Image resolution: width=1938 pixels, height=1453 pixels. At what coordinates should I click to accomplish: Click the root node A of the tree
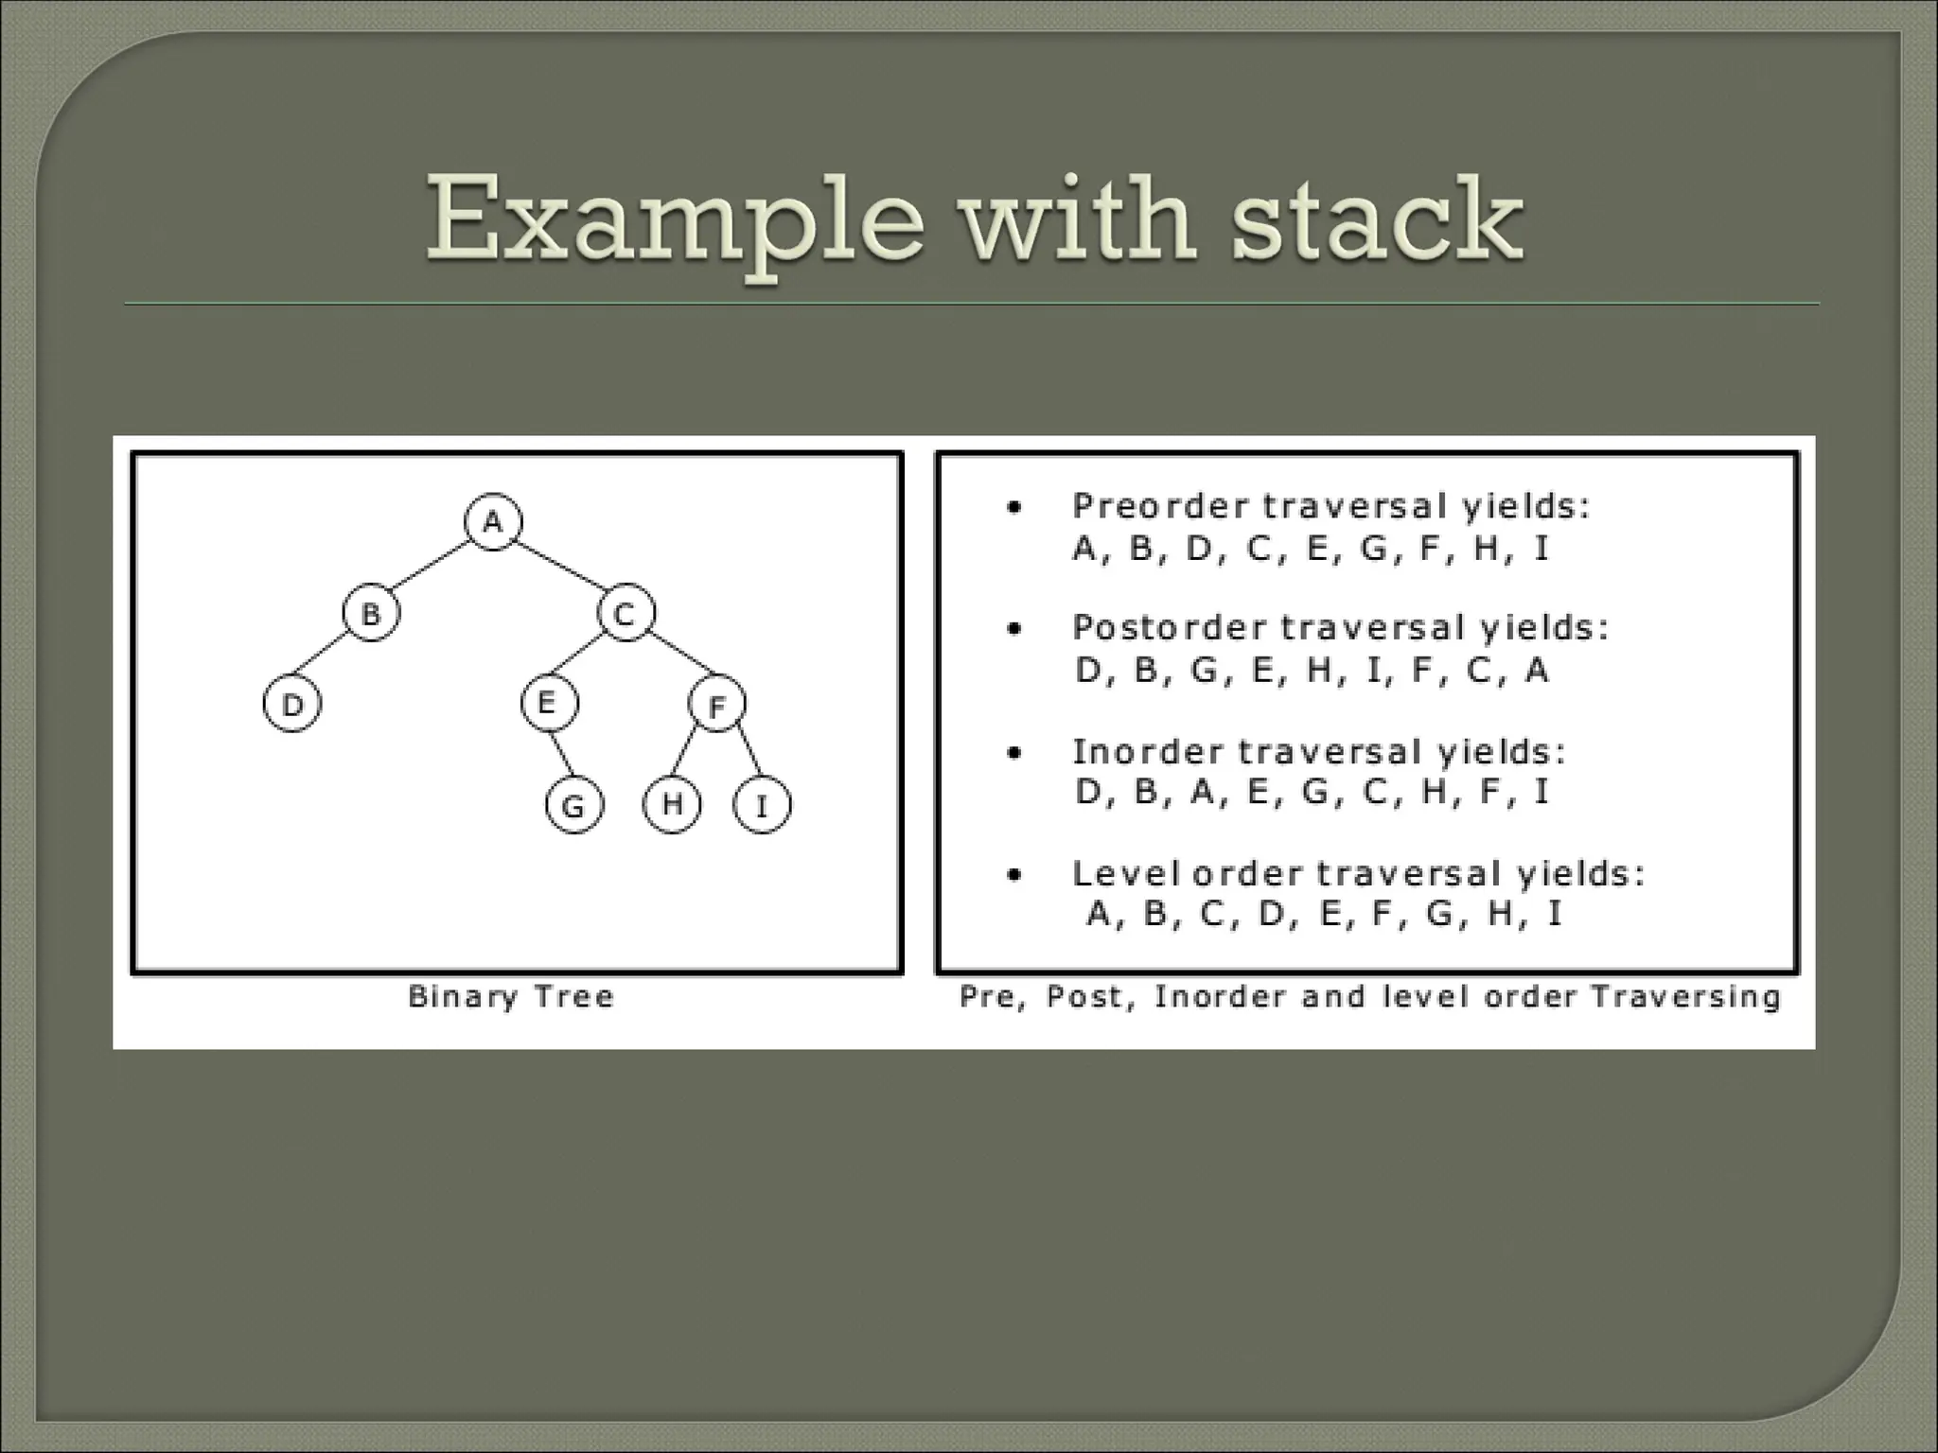[493, 521]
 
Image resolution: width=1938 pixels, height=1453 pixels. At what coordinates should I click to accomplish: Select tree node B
[371, 613]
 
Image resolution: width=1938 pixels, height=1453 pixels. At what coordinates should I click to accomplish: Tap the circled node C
[625, 614]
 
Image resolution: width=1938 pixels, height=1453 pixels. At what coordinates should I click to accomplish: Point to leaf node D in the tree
[291, 705]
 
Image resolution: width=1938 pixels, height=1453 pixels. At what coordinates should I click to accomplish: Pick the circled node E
[549, 703]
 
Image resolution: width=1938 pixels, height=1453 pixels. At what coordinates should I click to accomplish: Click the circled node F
[716, 705]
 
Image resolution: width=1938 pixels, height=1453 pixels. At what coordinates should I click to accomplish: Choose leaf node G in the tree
[573, 806]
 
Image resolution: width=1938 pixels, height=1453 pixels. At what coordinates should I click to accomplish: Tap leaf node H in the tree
[672, 804]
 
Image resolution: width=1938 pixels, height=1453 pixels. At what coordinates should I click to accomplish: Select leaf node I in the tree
[762, 806]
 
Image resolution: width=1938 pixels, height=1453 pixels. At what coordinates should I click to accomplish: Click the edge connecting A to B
[432, 568]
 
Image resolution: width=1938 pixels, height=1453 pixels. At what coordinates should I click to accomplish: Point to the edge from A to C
[559, 566]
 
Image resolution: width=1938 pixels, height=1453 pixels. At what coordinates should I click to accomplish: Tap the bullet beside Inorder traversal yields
[1014, 754]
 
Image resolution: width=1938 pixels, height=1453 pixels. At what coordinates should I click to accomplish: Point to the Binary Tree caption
[511, 996]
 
